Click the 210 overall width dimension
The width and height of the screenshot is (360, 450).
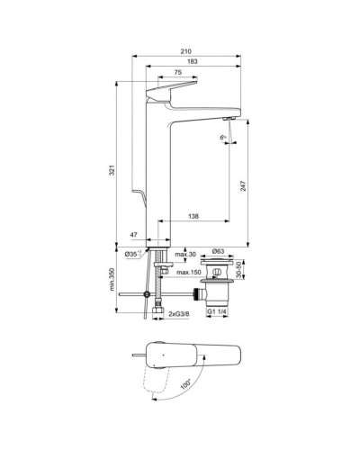pyautogui.click(x=185, y=50)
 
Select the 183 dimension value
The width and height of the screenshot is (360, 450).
pyautogui.click(x=192, y=63)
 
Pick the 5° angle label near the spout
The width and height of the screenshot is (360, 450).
pyautogui.click(x=222, y=137)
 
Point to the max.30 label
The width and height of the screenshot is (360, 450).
pyautogui.click(x=186, y=254)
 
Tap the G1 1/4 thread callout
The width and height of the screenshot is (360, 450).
pyautogui.click(x=219, y=311)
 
